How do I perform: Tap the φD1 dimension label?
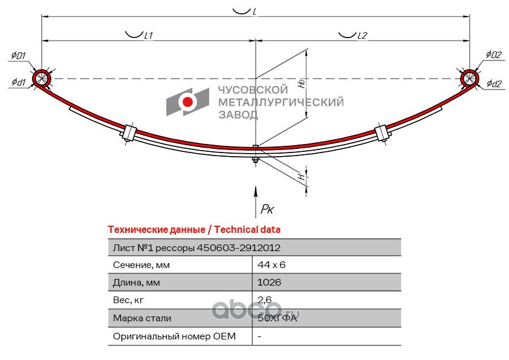coord(19,56)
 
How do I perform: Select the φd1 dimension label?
coord(19,82)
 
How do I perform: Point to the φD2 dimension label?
coord(494,54)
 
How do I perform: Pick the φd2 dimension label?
coord(494,84)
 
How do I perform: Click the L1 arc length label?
coord(148,36)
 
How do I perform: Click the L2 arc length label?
coord(362,36)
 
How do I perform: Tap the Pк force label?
coord(267,209)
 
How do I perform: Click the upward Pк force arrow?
coord(256,201)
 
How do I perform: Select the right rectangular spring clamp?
coord(383,133)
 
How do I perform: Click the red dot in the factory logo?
coord(187,102)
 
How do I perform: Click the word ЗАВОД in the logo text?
coord(238,115)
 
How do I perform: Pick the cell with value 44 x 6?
coord(271,265)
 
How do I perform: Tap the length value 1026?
coord(269,282)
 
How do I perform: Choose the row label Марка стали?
coord(142,318)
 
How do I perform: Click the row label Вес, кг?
coord(128,300)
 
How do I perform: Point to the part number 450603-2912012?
coord(239,248)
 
